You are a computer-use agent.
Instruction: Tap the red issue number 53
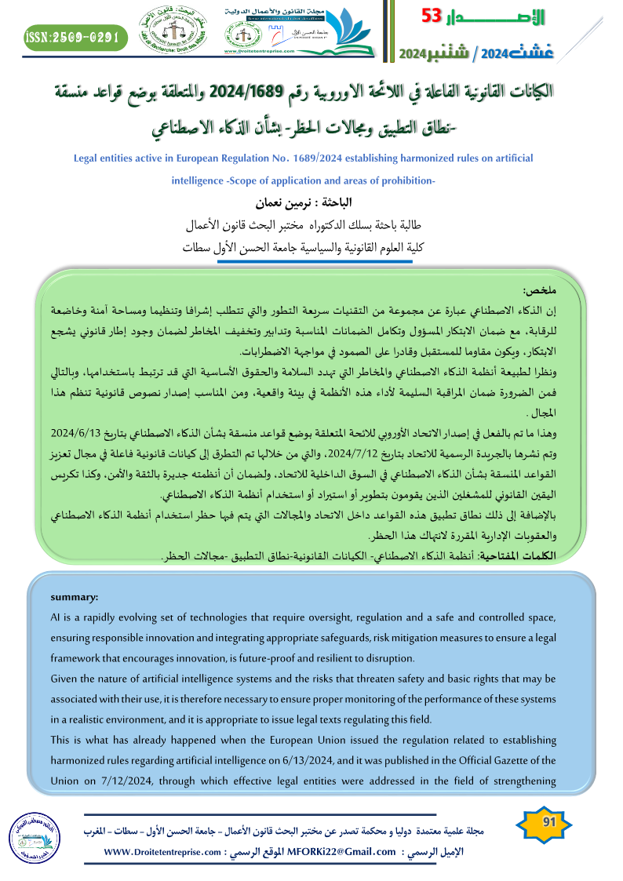434,16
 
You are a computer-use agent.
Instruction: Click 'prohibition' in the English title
399,180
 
